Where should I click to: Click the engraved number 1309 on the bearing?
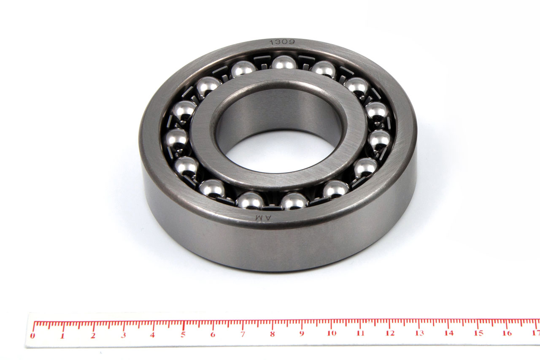coord(282,42)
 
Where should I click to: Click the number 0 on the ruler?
coord(32,336)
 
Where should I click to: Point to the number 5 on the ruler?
coord(183,334)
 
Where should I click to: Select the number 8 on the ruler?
coord(273,334)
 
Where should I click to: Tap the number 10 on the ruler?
coord(332,333)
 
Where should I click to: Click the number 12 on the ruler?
coord(390,333)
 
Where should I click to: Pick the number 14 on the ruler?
coord(449,333)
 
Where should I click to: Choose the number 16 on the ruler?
coord(508,333)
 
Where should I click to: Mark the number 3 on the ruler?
coord(124,335)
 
